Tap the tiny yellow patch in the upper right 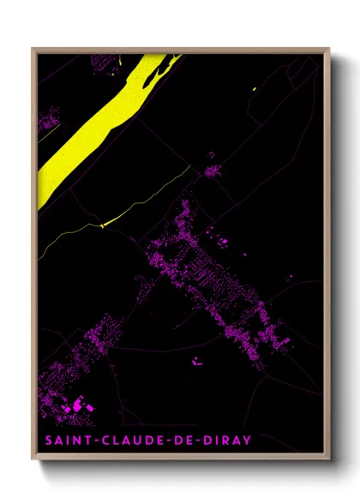click(255, 89)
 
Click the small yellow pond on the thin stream click(102, 225)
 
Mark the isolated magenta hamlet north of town click(211, 171)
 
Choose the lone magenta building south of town click(197, 359)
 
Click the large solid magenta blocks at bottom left click(81, 403)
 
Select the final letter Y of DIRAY click(248, 441)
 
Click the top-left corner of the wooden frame click(33, 49)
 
